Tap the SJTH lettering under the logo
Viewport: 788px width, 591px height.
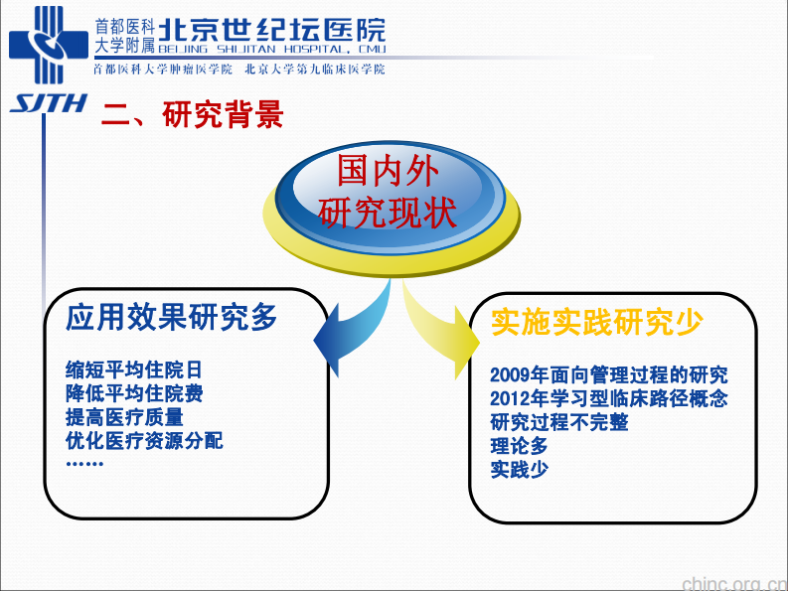tap(49, 104)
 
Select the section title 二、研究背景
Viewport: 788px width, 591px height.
tap(193, 115)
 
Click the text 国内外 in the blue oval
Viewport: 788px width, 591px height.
tap(388, 172)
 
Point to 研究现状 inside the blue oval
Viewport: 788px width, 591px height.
tap(388, 212)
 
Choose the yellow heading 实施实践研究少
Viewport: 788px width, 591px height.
tap(596, 322)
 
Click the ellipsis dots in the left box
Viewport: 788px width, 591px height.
tap(84, 463)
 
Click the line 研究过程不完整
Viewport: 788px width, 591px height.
tap(559, 422)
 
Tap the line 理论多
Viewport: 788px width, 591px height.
tap(519, 446)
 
